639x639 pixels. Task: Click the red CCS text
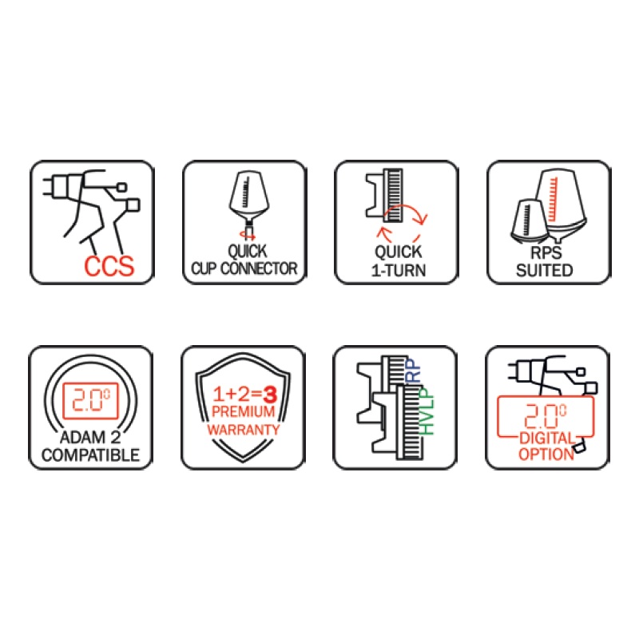coord(109,266)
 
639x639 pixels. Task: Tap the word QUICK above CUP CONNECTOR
coord(248,251)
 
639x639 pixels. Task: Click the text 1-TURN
coord(399,271)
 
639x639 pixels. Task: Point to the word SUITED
coord(545,271)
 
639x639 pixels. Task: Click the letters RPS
coord(546,252)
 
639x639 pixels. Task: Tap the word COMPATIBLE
coord(90,455)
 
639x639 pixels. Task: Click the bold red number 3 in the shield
coord(270,394)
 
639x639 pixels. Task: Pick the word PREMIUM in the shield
coord(243,411)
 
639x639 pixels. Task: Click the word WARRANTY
coord(244,430)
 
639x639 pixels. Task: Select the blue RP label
coord(414,371)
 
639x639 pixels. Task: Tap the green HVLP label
coord(427,411)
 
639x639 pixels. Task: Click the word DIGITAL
coord(546,439)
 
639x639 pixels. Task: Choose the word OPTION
coord(546,454)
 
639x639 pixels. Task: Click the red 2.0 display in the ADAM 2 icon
coord(91,400)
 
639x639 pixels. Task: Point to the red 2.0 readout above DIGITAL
coord(546,415)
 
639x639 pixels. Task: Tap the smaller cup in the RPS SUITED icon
coord(529,221)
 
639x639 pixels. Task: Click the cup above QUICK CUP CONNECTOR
coord(248,197)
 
